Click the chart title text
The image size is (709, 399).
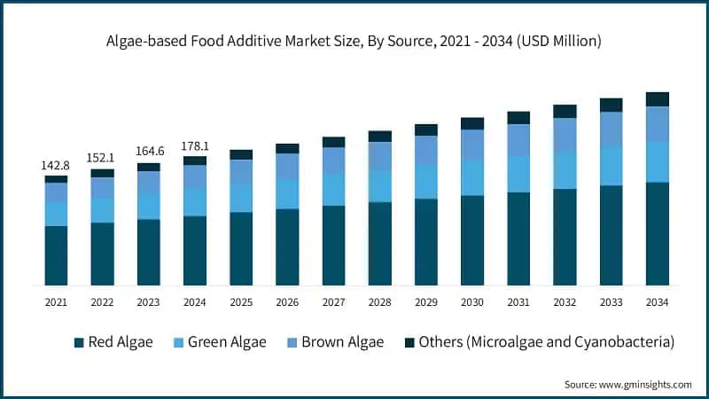tap(354, 40)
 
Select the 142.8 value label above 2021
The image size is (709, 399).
tap(56, 166)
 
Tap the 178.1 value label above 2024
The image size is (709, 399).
tap(194, 146)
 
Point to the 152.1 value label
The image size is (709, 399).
tap(102, 158)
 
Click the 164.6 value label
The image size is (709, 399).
tap(148, 152)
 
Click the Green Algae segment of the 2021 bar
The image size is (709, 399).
tap(56, 214)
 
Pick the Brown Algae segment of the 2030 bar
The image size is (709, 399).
tap(472, 145)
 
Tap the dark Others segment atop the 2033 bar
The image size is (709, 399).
tap(611, 105)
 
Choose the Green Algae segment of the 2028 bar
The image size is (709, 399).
tap(379, 186)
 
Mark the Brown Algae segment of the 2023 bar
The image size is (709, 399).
tap(148, 182)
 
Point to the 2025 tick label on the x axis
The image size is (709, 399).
tap(241, 303)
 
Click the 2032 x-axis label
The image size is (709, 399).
tap(565, 303)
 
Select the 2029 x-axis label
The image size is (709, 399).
tap(425, 303)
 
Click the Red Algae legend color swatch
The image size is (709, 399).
tap(79, 342)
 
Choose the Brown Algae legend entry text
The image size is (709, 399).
tap(342, 342)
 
